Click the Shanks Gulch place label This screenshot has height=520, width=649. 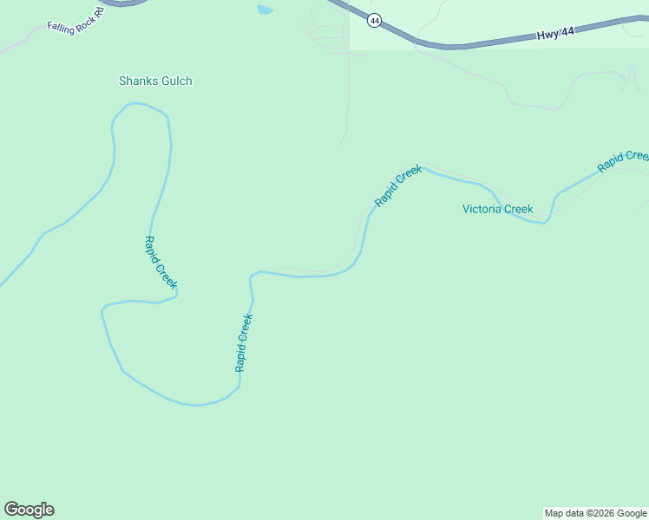coord(155,81)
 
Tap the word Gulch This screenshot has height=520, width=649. coord(174,81)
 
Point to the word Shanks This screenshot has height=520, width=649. coord(137,81)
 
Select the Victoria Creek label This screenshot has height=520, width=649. coord(497,209)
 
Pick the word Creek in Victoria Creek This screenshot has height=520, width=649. coord(518,209)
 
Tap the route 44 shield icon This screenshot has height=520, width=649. coord(374,20)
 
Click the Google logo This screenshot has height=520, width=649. coord(29,510)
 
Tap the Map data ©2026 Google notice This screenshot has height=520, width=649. coord(595,513)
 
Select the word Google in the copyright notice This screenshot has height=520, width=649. coord(631,513)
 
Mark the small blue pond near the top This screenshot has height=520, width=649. coord(265,10)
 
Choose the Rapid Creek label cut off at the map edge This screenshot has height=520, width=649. coord(623,160)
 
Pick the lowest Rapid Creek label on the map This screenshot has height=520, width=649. coord(244,342)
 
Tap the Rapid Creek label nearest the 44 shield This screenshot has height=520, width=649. coord(398,185)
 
